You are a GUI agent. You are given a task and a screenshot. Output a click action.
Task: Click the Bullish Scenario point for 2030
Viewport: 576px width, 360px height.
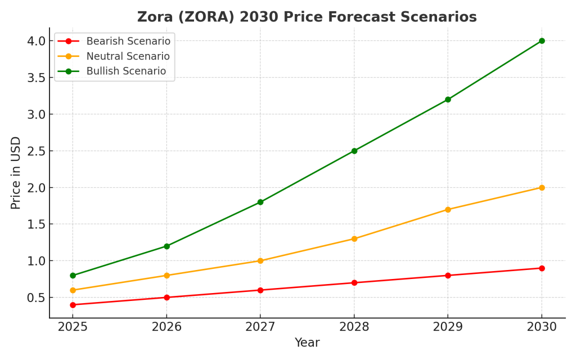tap(542, 40)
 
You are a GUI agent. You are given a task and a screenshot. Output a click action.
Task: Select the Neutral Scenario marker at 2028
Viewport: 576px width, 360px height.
tap(354, 238)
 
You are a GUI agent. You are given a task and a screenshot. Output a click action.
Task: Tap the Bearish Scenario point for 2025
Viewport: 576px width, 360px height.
tap(73, 305)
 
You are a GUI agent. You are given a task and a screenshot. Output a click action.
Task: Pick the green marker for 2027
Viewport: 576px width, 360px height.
tap(260, 202)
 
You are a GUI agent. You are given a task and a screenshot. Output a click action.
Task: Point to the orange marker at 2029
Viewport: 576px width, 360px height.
tap(448, 209)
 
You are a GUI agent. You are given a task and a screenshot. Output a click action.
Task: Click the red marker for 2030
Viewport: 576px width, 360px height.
tap(542, 268)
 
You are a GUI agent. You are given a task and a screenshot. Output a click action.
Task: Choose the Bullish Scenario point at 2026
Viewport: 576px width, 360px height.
tap(166, 246)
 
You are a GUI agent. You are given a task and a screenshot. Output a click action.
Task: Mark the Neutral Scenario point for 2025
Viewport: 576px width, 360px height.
tap(73, 290)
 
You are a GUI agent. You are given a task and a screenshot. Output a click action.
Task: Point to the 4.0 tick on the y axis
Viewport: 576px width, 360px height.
tap(36, 40)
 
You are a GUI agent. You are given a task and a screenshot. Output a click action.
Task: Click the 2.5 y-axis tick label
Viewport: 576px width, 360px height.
tap(36, 151)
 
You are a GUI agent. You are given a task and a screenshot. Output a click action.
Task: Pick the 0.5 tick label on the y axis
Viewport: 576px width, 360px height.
tap(36, 298)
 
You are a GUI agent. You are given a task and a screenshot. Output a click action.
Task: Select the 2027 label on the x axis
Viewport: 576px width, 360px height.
tap(260, 327)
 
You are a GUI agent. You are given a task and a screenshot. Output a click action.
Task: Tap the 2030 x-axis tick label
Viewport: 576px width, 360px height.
tap(542, 327)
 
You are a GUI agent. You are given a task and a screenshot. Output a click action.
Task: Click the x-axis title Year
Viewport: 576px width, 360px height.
tap(307, 343)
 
